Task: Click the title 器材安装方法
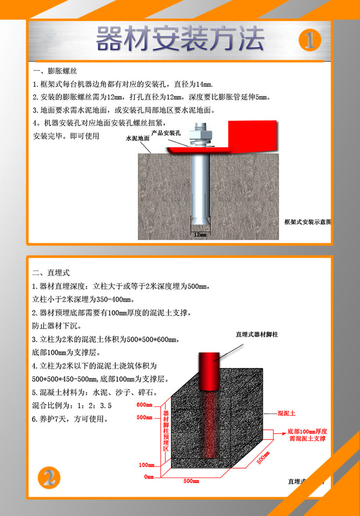180,39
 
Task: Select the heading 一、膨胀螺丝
55,71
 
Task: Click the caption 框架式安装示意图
307,222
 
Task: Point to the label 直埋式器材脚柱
257,334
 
